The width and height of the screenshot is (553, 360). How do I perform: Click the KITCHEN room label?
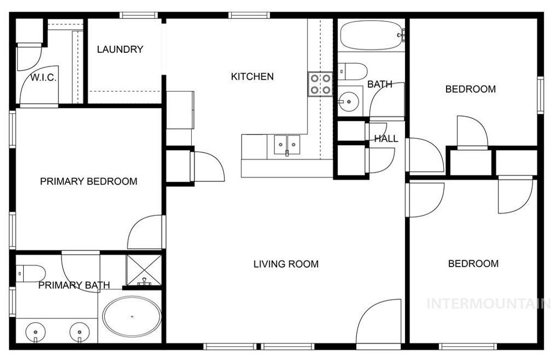coord(252,77)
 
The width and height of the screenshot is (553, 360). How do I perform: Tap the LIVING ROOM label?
coord(286,264)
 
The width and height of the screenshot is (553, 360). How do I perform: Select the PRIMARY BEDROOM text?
coord(89,181)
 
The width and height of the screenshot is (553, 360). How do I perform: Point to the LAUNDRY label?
coord(120,50)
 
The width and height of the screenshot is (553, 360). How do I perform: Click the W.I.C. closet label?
coord(43,78)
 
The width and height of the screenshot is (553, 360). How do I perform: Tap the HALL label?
coord(386,139)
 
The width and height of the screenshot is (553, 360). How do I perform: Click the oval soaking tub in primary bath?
coord(132,316)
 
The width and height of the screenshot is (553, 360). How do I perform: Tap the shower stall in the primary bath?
coord(144,270)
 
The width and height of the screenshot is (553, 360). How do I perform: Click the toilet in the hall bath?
coord(353,70)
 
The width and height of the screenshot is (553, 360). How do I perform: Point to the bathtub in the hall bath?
coord(371,36)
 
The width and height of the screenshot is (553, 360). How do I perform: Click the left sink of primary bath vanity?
coord(36,329)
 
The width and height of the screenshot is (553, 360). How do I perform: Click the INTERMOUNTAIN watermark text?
coord(488,303)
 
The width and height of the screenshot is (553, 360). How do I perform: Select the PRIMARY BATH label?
coord(74,286)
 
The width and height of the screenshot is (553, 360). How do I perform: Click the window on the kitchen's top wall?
coord(249,15)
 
